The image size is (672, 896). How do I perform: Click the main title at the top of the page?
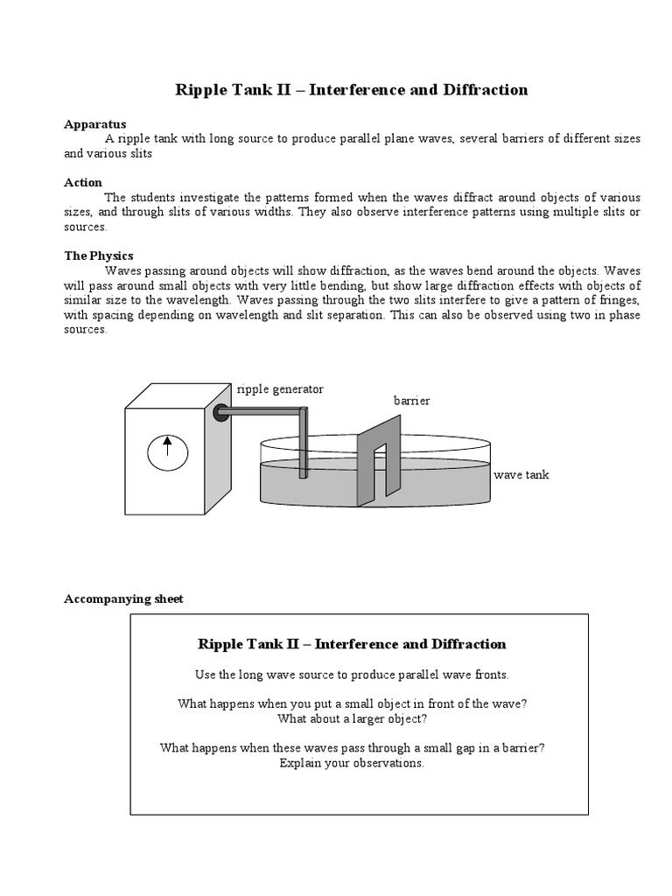point(352,90)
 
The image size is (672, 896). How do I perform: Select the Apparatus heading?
point(95,124)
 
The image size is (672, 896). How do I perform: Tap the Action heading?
point(83,183)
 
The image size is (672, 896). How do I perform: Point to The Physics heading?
point(99,256)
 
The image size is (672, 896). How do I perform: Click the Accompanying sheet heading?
point(124,599)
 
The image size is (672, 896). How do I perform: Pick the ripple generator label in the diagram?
point(280,388)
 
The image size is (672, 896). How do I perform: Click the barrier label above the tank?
point(411,401)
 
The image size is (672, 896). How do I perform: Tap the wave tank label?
point(521,475)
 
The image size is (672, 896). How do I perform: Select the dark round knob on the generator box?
point(221,413)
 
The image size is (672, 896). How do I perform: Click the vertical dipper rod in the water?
point(303,446)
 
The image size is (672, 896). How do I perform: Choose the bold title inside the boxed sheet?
point(352,644)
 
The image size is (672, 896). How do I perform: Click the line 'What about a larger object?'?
point(352,719)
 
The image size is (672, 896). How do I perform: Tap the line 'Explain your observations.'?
point(352,763)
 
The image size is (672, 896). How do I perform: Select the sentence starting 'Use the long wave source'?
point(352,675)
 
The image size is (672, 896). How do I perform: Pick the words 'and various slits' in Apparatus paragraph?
point(108,153)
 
